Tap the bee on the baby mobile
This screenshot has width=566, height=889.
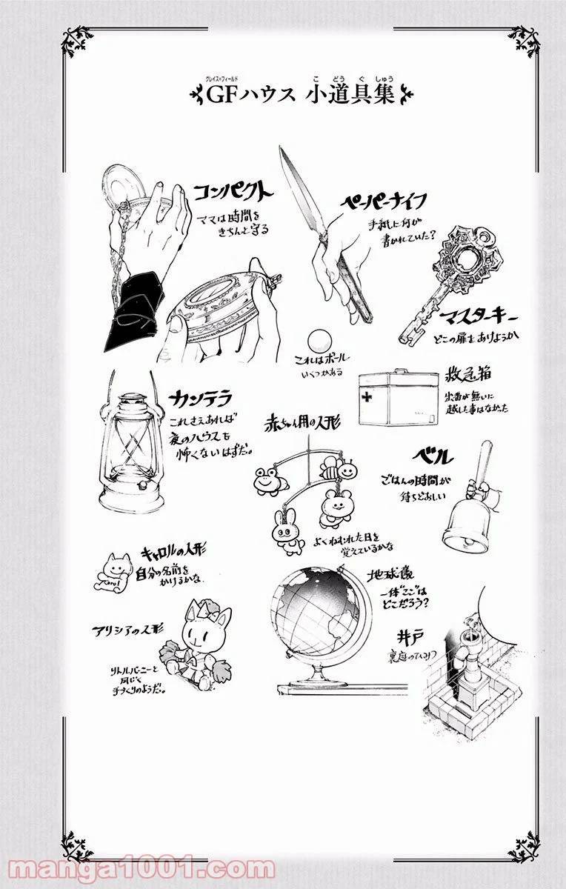[x=331, y=467]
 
